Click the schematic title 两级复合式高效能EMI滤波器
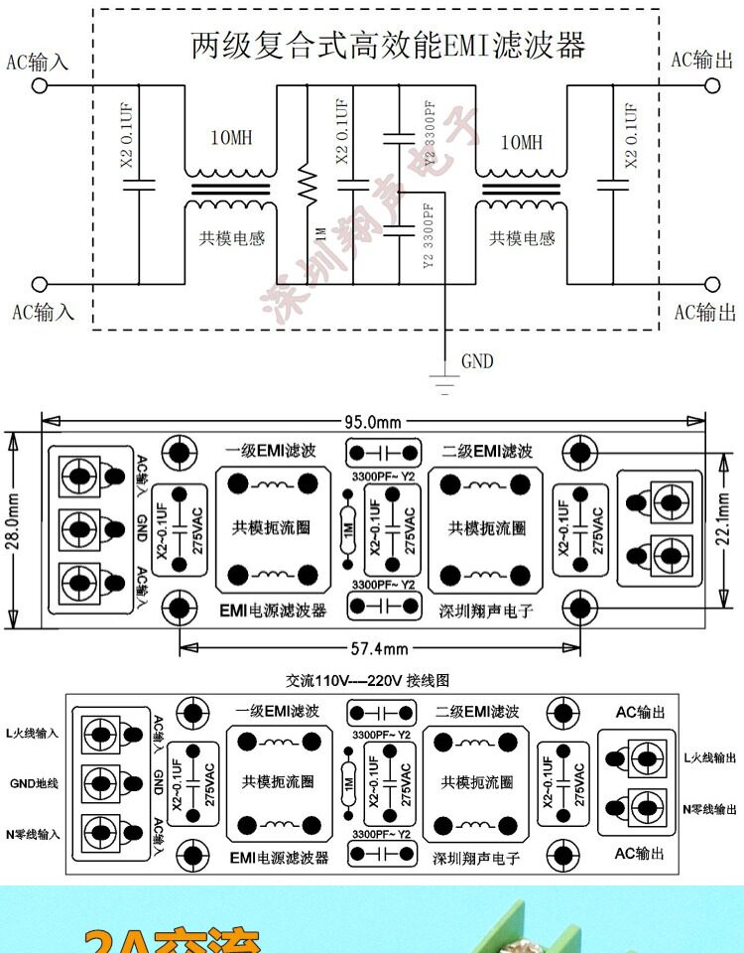click(x=388, y=45)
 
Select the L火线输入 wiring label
click(x=33, y=733)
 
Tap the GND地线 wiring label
click(x=35, y=783)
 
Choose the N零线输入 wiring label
click(x=33, y=834)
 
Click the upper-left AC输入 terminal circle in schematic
click(x=41, y=85)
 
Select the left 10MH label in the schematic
click(x=230, y=139)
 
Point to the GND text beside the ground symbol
click(x=477, y=361)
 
